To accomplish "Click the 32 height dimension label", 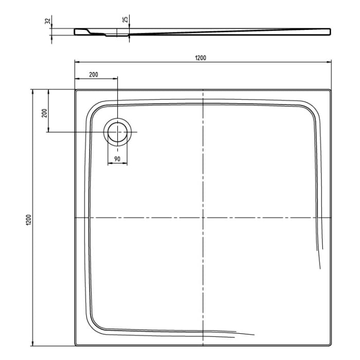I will coord(48,21).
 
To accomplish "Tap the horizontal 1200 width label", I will coord(201,57).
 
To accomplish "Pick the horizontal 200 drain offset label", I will coord(93,75).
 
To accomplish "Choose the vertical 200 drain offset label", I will coord(44,112).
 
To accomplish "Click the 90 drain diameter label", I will coord(117,159).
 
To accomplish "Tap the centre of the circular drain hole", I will coord(118,132).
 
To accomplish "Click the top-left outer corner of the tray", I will coord(75,90).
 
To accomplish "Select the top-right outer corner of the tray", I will coord(331,90).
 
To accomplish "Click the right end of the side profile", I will coord(330,32).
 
